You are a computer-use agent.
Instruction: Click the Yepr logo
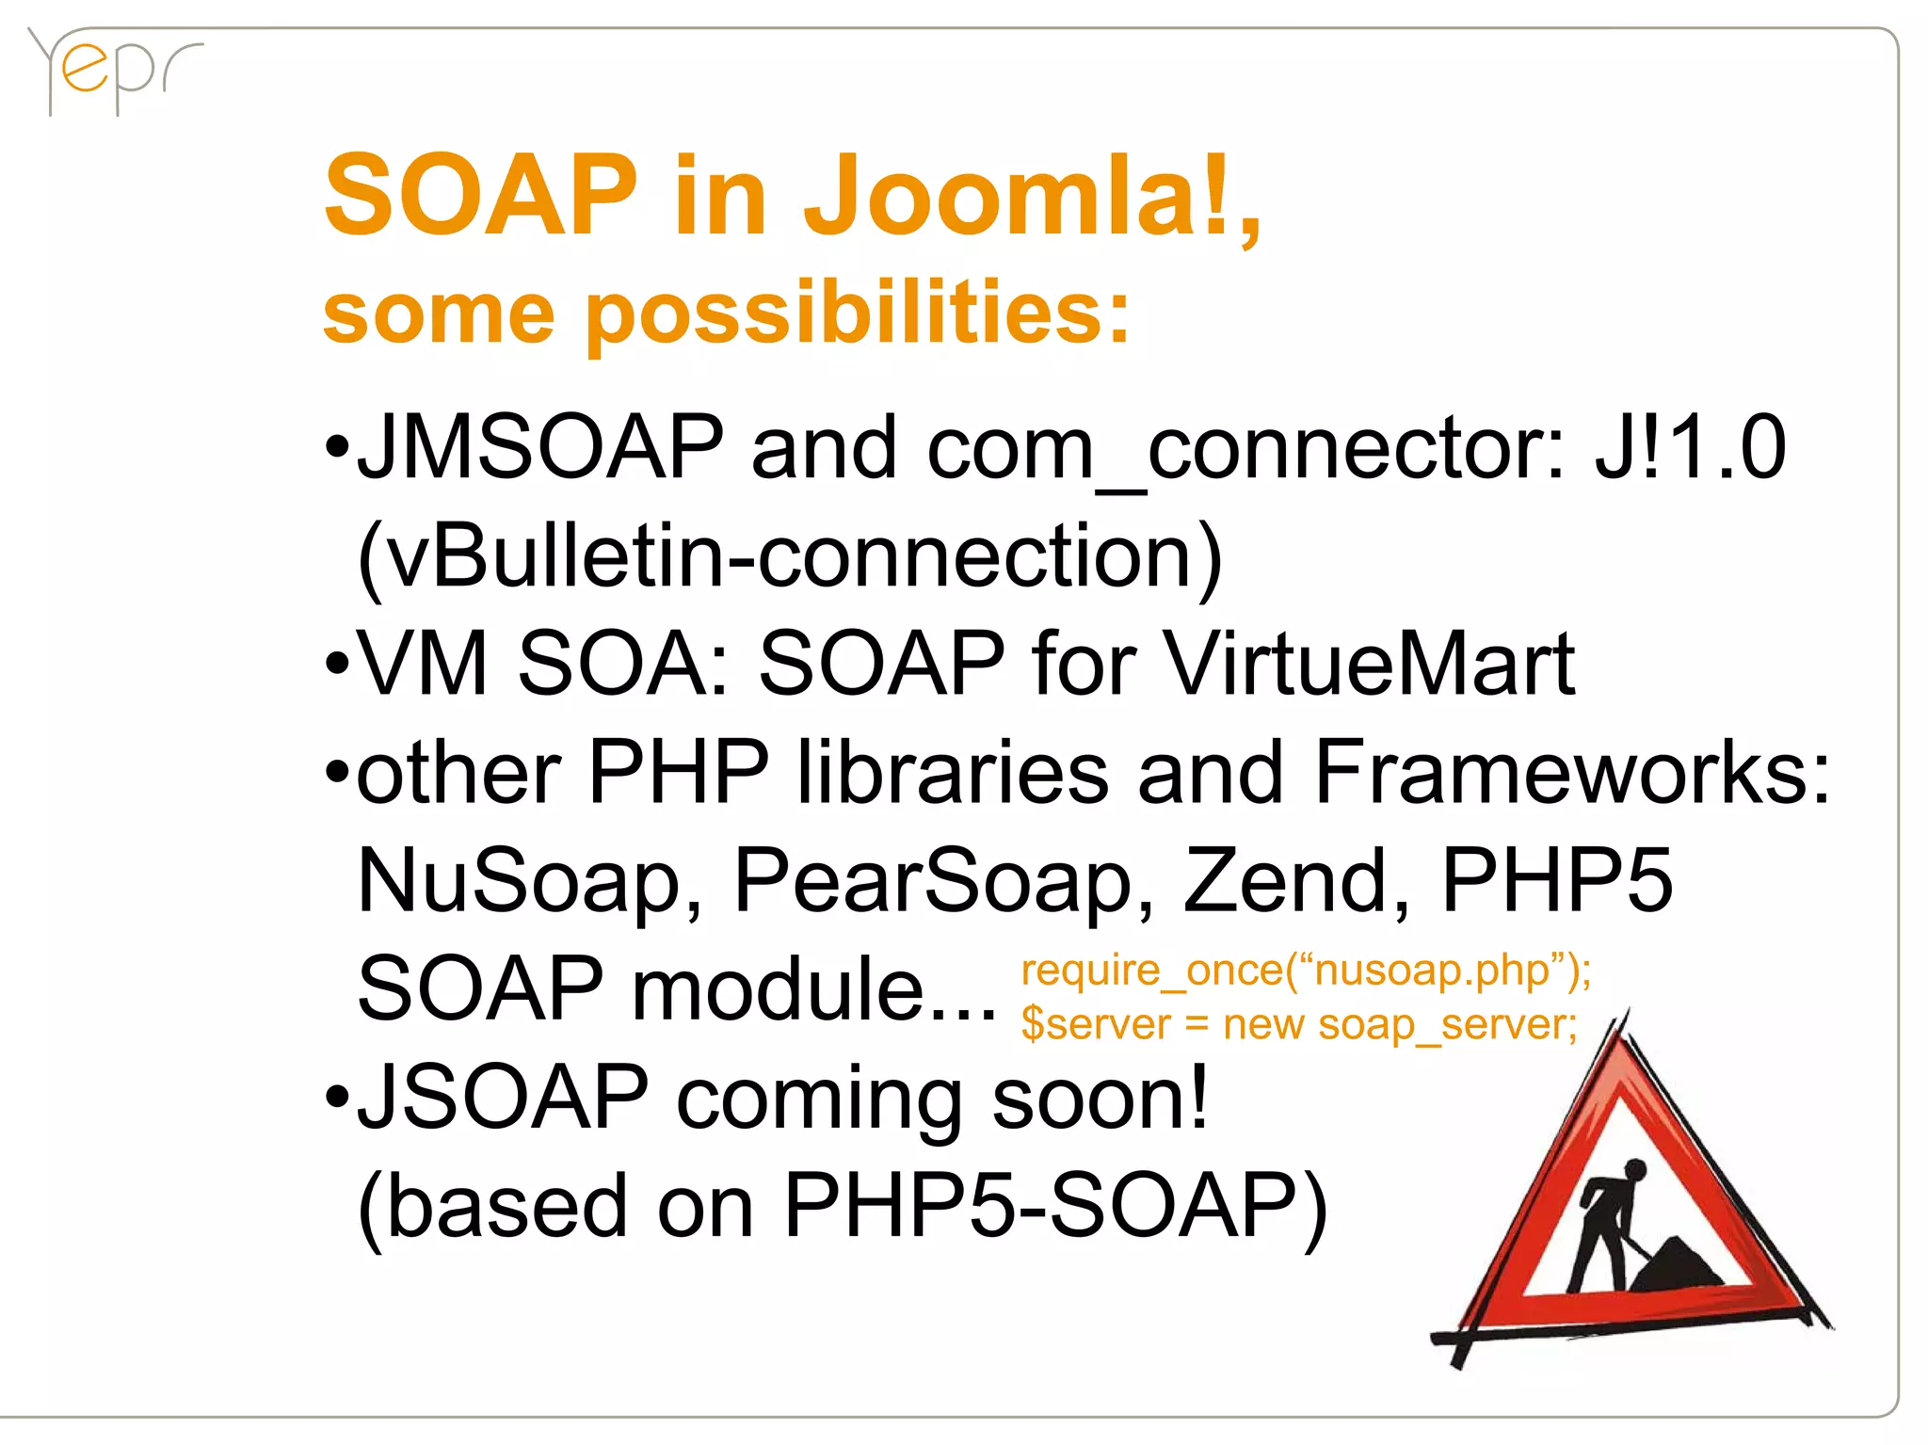point(113,71)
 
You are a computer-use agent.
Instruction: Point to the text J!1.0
point(1690,448)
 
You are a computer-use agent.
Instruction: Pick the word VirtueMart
point(1370,665)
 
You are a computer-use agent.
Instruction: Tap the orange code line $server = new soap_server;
point(1299,1024)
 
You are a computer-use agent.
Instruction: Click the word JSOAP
point(503,1097)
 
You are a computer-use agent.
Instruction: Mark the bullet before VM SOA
point(336,665)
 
